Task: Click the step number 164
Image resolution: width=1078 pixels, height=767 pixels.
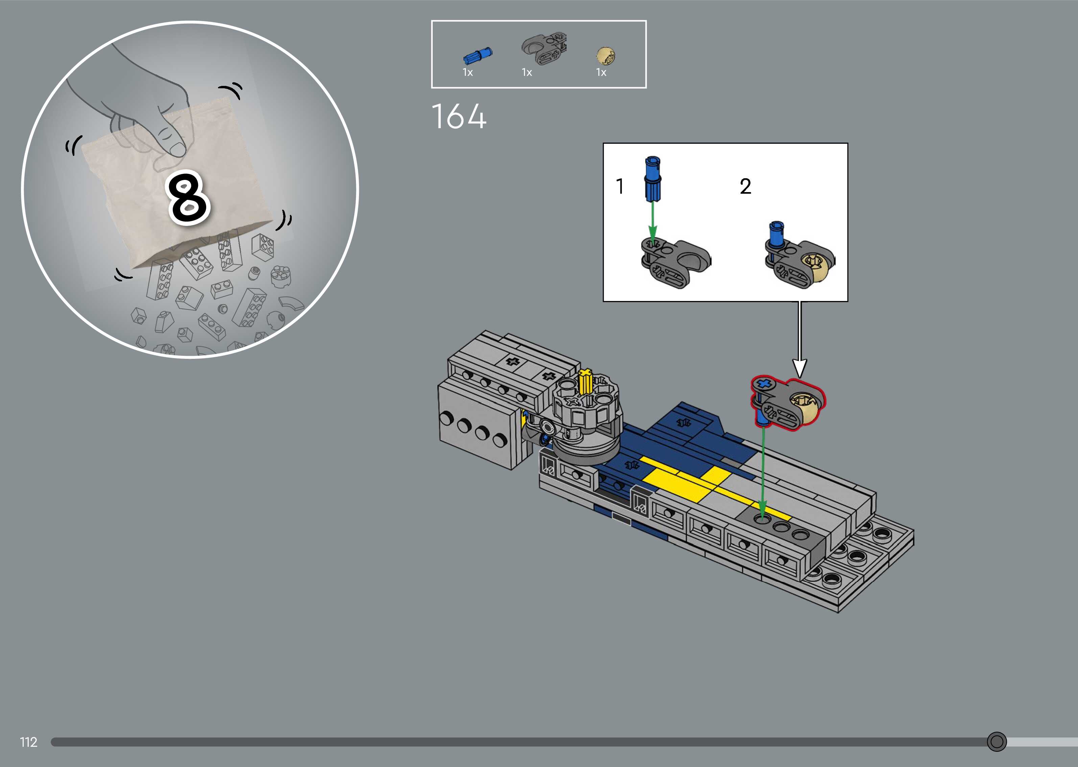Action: click(x=458, y=116)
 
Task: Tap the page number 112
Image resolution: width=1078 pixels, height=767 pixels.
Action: click(x=28, y=742)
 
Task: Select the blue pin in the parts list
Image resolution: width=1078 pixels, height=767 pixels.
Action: click(x=478, y=56)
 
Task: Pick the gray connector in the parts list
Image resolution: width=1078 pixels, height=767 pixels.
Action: click(x=544, y=49)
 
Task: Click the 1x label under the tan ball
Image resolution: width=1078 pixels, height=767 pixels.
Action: click(x=601, y=72)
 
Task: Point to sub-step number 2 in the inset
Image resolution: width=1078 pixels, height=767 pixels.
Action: click(x=745, y=187)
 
